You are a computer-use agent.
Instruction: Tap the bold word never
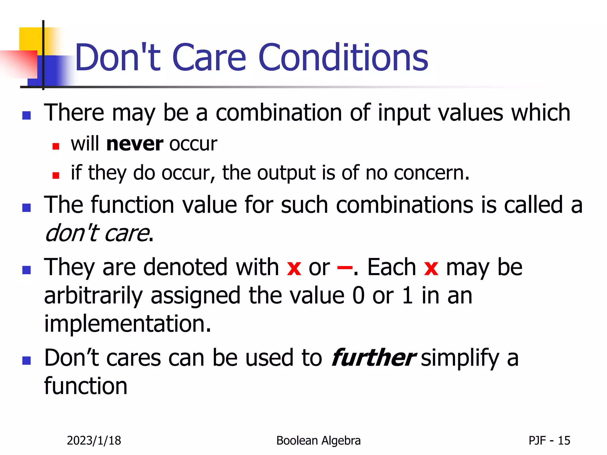pos(135,144)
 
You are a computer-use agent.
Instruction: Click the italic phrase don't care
pos(97,233)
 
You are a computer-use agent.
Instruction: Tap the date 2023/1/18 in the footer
pos(94,440)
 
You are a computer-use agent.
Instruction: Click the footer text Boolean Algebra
pos(318,440)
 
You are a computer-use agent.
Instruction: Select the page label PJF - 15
pos(549,440)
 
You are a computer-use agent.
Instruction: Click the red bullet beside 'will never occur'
pos(56,146)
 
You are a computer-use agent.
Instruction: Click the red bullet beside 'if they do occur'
pos(56,175)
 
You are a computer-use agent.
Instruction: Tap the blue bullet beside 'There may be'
pos(27,115)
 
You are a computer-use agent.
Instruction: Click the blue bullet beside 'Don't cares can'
pos(27,361)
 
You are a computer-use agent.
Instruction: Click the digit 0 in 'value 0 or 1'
pos(358,296)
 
